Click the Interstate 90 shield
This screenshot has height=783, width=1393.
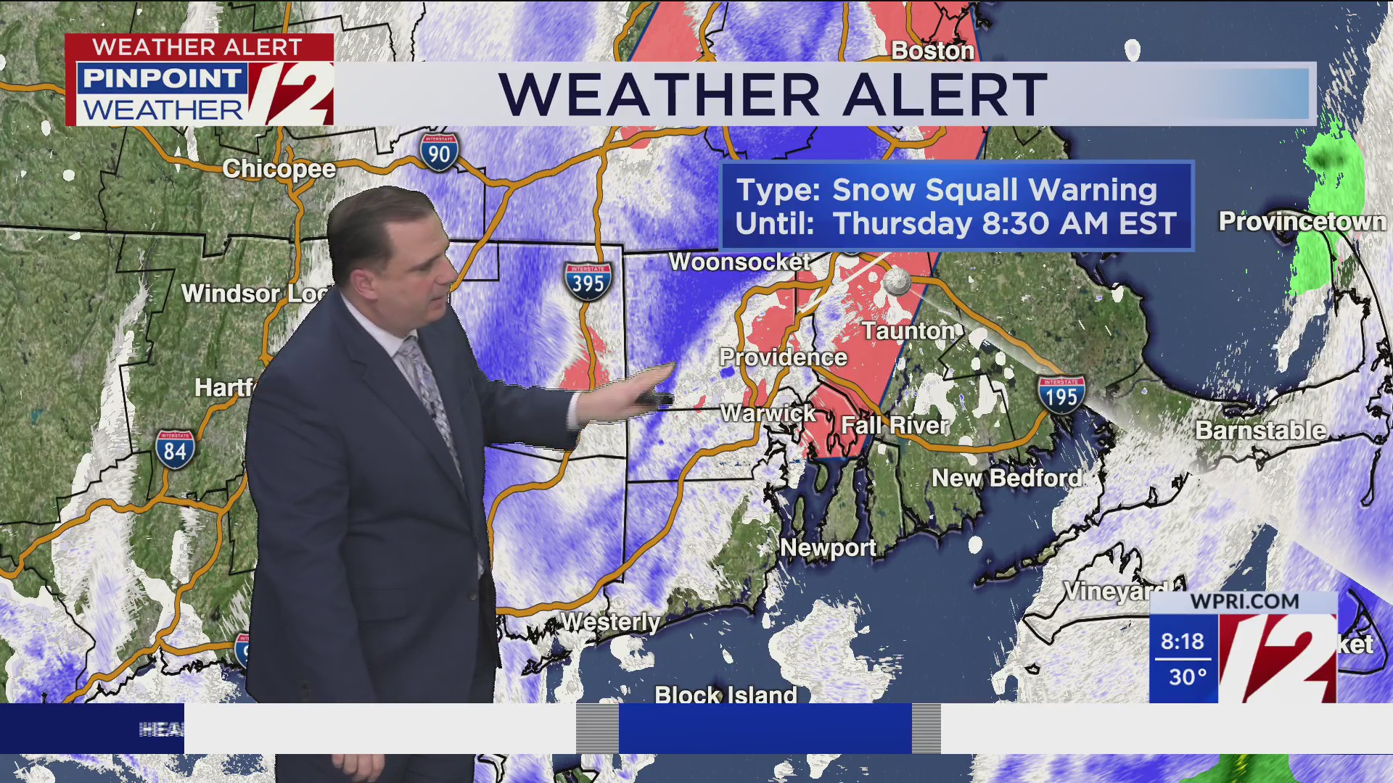(x=439, y=152)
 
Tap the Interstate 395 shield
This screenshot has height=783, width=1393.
(x=588, y=281)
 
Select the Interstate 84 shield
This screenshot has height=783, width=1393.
(x=175, y=449)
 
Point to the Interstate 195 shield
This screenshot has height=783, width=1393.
(x=1061, y=395)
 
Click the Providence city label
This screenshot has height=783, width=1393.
(x=783, y=357)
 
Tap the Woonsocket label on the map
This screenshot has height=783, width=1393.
(x=739, y=262)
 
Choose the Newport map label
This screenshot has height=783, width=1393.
(x=828, y=548)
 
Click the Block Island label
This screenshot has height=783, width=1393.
(x=726, y=695)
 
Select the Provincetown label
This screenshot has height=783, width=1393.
(x=1302, y=221)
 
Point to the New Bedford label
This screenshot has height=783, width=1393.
(x=1007, y=478)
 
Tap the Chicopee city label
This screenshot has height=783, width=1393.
(x=279, y=169)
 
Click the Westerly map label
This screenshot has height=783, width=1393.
(x=610, y=622)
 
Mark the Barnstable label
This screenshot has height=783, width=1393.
(x=1260, y=431)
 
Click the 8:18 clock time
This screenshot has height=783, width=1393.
(x=1182, y=642)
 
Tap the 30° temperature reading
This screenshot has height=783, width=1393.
(x=1188, y=677)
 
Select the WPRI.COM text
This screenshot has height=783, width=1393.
(x=1244, y=602)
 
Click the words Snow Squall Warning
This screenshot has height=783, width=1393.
(x=994, y=190)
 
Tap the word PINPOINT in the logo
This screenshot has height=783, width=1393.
(x=161, y=78)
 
